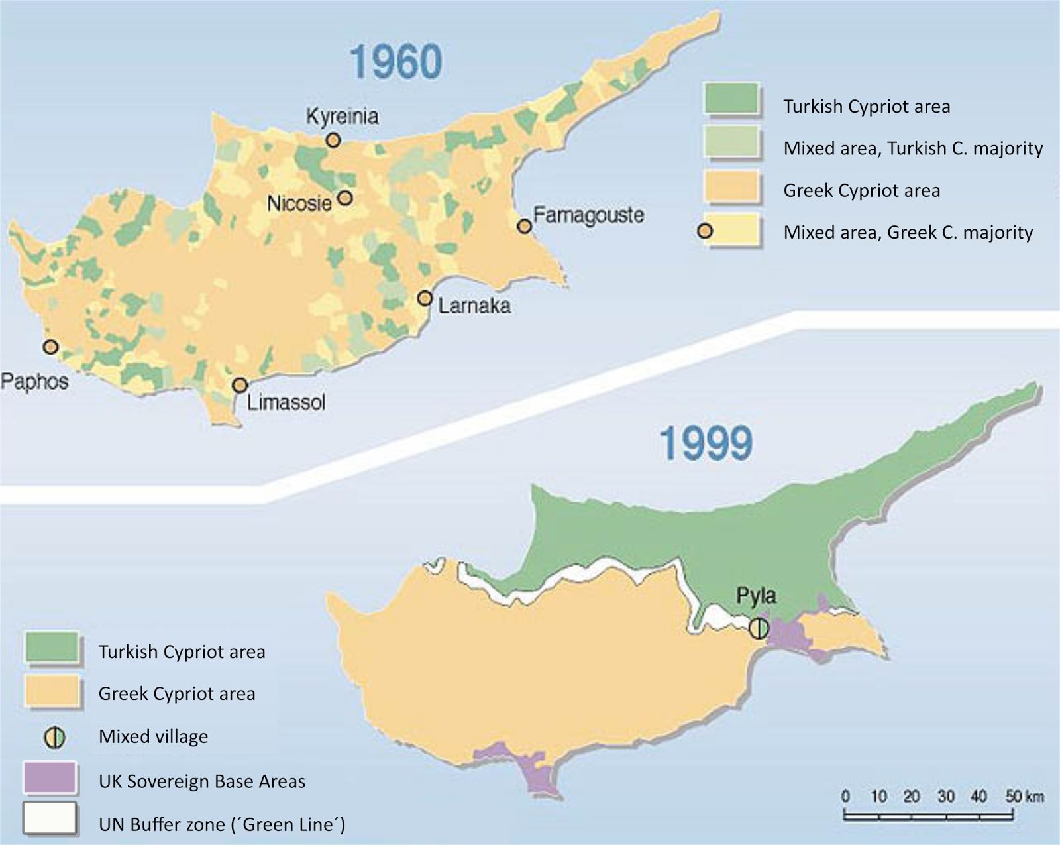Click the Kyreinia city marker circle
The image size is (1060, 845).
pyautogui.click(x=333, y=140)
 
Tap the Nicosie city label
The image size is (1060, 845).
pyautogui.click(x=299, y=203)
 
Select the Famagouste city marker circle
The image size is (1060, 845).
pyautogui.click(x=525, y=227)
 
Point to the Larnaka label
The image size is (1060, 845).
pyautogui.click(x=474, y=306)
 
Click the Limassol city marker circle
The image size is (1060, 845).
pyautogui.click(x=240, y=386)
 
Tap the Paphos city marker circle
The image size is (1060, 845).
pyautogui.click(x=50, y=347)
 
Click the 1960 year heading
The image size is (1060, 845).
pyautogui.click(x=396, y=62)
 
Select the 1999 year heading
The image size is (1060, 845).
pyautogui.click(x=706, y=443)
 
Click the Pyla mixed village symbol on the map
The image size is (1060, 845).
pyautogui.click(x=759, y=628)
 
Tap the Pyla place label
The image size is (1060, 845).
pyautogui.click(x=756, y=596)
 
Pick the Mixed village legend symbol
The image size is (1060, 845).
pyautogui.click(x=54, y=737)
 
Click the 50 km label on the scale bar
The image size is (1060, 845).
pyautogui.click(x=1024, y=796)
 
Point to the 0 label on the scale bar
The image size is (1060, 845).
pyautogui.click(x=845, y=796)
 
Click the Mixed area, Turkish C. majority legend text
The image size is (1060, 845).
pyautogui.click(x=912, y=148)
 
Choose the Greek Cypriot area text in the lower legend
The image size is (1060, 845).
pyautogui.click(x=176, y=694)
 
